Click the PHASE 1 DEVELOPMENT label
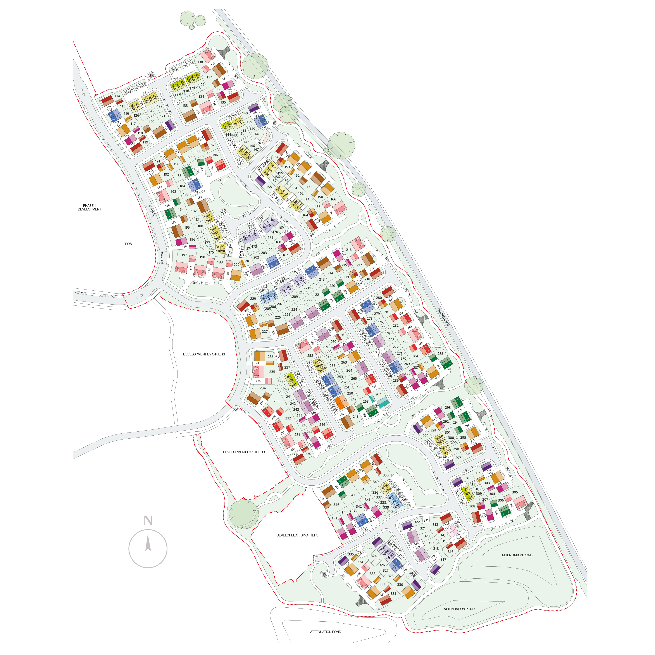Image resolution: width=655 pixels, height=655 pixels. [89, 207]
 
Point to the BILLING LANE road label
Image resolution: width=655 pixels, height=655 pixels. [443, 317]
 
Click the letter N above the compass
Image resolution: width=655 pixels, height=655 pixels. [148, 521]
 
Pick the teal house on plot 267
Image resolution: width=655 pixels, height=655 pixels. [383, 403]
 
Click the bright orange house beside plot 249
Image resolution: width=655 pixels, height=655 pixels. [341, 402]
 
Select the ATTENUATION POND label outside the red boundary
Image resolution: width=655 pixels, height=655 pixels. [326, 632]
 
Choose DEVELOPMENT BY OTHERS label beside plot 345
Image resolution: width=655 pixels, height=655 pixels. [297, 535]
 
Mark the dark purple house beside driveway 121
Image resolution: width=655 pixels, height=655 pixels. [170, 125]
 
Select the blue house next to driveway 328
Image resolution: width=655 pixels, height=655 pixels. [396, 564]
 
